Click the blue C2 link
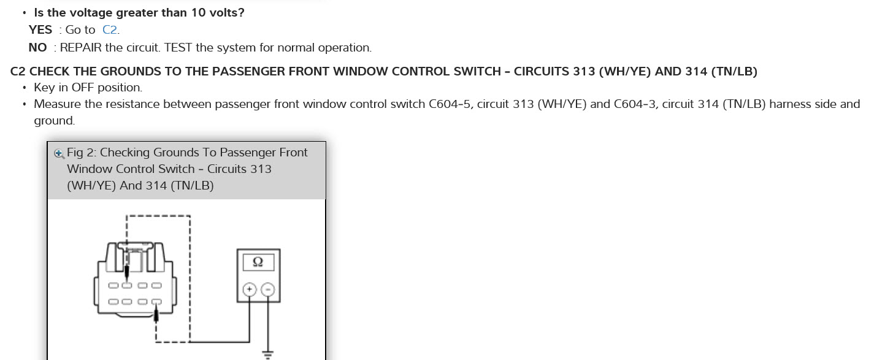click(110, 30)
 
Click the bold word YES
click(40, 30)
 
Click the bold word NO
click(37, 48)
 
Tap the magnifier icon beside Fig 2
click(59, 153)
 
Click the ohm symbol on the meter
click(258, 262)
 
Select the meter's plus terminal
click(250, 290)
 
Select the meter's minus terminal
click(268, 290)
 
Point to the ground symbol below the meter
click(267, 353)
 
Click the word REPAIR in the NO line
click(80, 48)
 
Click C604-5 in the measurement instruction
click(450, 104)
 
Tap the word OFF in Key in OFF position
click(82, 88)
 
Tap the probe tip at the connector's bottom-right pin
click(157, 315)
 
